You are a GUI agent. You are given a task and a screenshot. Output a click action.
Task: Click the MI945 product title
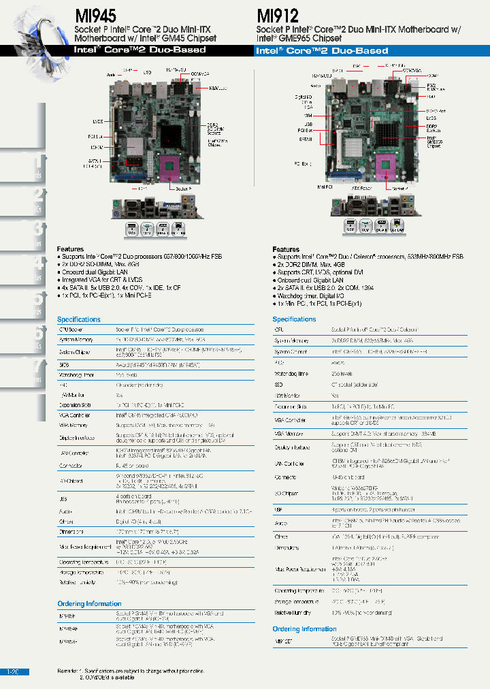(x=95, y=15)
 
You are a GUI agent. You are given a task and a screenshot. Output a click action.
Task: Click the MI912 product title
(x=278, y=15)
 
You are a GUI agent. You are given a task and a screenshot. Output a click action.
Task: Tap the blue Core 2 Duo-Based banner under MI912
(x=322, y=50)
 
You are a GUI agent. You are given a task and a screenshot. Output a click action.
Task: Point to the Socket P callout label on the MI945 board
(x=183, y=188)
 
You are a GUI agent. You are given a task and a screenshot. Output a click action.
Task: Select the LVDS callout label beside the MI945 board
(x=98, y=121)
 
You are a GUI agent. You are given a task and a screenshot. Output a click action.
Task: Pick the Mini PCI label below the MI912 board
(x=325, y=185)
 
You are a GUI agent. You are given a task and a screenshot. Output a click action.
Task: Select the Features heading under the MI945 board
(x=70, y=249)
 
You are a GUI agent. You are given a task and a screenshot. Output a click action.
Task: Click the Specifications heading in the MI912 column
(x=294, y=319)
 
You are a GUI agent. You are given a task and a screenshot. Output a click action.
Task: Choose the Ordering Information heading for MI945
(x=89, y=603)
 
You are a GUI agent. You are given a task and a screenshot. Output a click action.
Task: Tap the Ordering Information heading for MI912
(x=304, y=629)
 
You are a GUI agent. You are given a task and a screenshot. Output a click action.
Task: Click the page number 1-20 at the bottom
(x=13, y=671)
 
